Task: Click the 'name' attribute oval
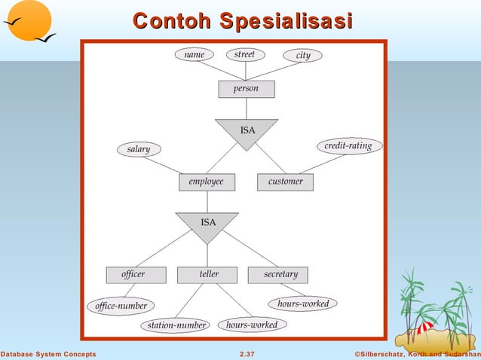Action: pyautogui.click(x=194, y=55)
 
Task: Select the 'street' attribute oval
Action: pyautogui.click(x=244, y=54)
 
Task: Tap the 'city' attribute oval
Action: pyautogui.click(x=303, y=56)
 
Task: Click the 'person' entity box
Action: pyautogui.click(x=246, y=89)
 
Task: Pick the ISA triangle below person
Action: pyautogui.click(x=247, y=132)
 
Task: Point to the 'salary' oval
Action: pyautogui.click(x=139, y=150)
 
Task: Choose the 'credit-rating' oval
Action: pyautogui.click(x=348, y=145)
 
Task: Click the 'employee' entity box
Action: pyautogui.click(x=206, y=182)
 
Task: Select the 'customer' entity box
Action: pyautogui.click(x=285, y=182)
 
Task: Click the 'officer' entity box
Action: pyautogui.click(x=135, y=275)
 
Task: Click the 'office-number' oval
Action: pyautogui.click(x=121, y=306)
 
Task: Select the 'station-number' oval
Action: pyautogui.click(x=176, y=325)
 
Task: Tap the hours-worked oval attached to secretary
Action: pyautogui.click(x=302, y=304)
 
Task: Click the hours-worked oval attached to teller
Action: pyautogui.click(x=252, y=325)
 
